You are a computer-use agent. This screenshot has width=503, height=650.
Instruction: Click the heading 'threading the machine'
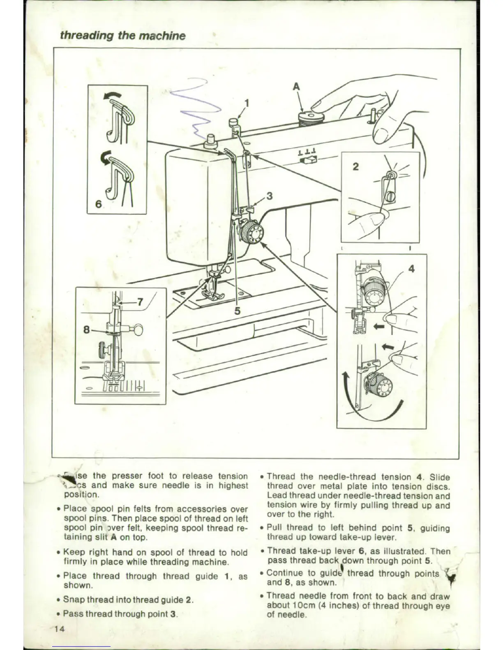coord(122,36)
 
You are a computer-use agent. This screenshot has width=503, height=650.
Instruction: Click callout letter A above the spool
coord(296,87)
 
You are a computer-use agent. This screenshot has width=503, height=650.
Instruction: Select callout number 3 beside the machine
coord(269,196)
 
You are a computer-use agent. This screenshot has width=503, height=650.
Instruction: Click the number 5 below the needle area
coord(237,311)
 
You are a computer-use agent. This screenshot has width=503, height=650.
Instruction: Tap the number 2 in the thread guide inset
coord(356,166)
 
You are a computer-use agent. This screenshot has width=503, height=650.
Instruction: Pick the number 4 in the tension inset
coord(411,269)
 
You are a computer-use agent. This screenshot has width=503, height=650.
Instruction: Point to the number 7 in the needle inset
coord(140,302)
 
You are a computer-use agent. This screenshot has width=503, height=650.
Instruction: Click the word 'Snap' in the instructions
coord(74,600)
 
